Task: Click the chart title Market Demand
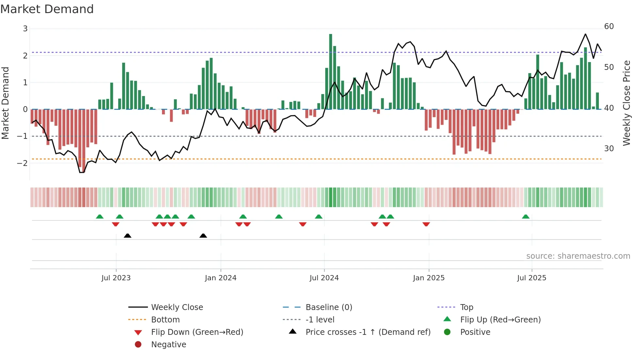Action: point(47,9)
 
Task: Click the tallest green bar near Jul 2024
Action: point(330,72)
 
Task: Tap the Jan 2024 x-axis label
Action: point(220,278)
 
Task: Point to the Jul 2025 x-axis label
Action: point(532,278)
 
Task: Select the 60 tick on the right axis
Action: point(609,26)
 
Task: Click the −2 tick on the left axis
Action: point(22,163)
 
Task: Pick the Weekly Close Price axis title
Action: point(626,103)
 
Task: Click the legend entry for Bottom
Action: point(165,319)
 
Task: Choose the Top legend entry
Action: point(467,307)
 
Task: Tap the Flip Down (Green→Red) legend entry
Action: point(197,332)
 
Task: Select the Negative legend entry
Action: point(168,344)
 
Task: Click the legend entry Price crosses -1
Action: point(368,332)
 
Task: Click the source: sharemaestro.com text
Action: point(578,256)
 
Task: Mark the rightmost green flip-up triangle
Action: point(525,217)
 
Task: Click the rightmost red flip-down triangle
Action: point(426,224)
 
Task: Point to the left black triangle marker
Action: point(128,236)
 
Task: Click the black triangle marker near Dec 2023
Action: point(203,236)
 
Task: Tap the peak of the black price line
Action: point(585,34)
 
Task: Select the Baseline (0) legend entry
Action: point(328,307)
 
